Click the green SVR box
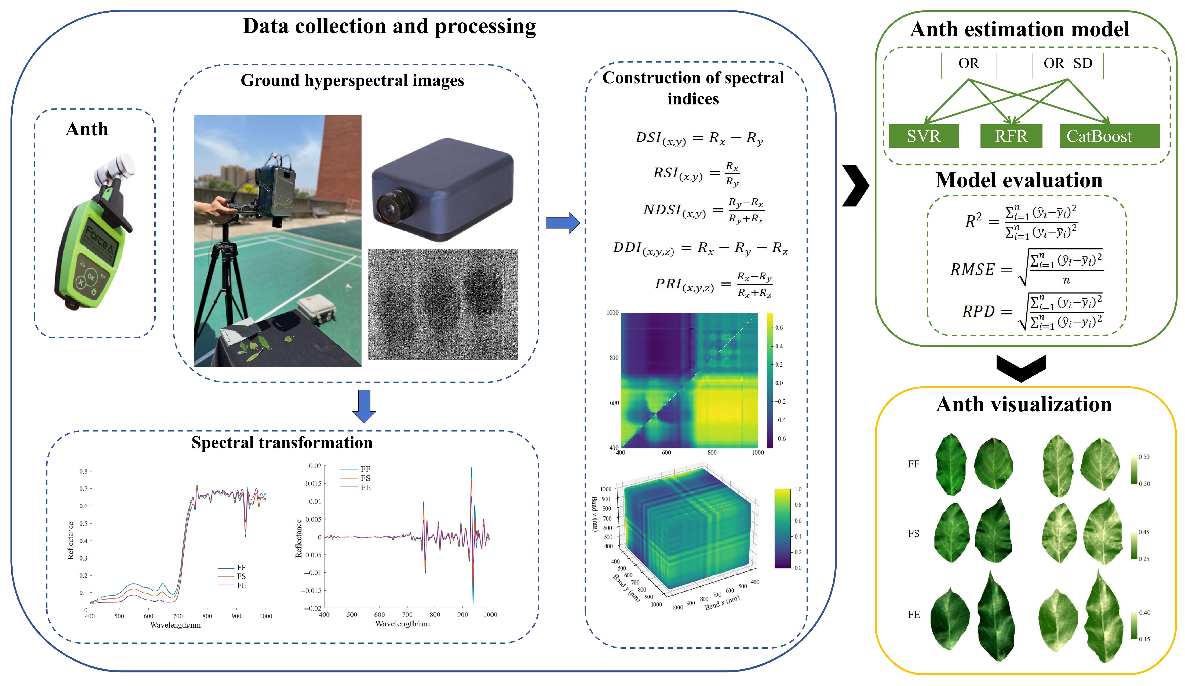click(924, 136)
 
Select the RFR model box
click(1011, 136)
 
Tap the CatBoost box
click(1109, 136)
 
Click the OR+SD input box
click(1067, 64)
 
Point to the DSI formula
click(699, 138)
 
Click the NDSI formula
click(703, 210)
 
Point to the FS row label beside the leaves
click(913, 533)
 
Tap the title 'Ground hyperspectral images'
click(352, 81)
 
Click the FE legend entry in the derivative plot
click(365, 487)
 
